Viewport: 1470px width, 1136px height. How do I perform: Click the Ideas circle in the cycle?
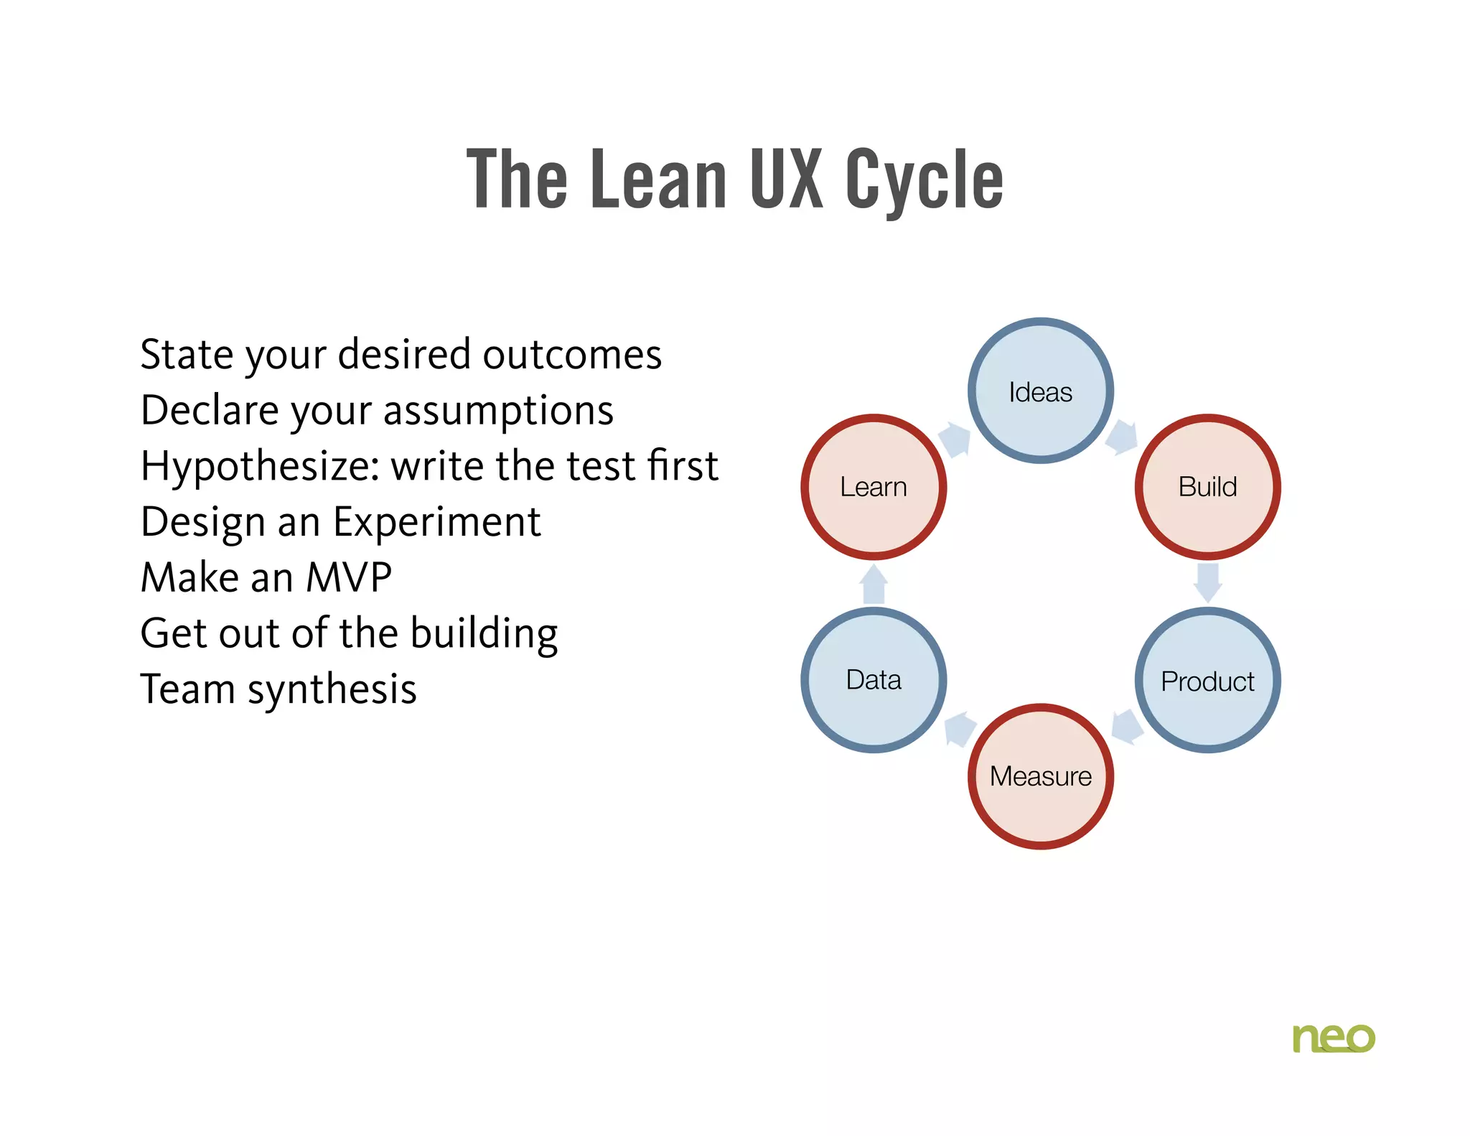tap(1040, 391)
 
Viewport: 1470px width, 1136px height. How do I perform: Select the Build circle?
tap(1207, 487)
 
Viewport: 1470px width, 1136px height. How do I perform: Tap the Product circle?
tap(1207, 680)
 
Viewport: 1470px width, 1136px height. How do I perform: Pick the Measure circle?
tap(1040, 776)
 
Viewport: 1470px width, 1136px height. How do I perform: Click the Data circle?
tap(874, 680)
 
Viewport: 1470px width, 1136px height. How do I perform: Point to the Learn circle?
tap(874, 487)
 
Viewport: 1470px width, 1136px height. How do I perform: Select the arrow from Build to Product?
tap(1207, 582)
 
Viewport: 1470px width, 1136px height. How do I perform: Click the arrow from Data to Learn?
tap(874, 584)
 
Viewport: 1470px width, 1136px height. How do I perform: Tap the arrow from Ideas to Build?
tap(1122, 437)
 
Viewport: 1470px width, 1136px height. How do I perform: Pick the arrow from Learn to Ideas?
tap(955, 439)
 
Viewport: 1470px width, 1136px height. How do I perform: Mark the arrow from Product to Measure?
tap(1126, 727)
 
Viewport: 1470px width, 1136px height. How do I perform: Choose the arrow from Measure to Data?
tap(960, 729)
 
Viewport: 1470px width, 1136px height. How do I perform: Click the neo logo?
tap(1333, 1038)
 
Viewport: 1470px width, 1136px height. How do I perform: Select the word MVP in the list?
tap(349, 577)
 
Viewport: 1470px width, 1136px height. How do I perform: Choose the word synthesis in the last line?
tap(332, 690)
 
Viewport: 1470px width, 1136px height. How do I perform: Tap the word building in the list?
tap(484, 634)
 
